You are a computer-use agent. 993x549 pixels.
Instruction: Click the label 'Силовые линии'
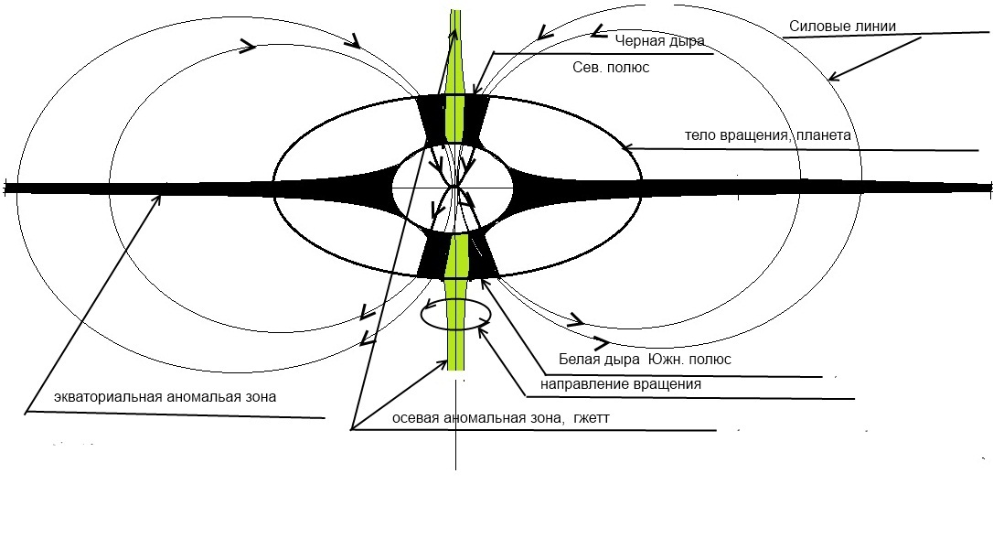point(842,26)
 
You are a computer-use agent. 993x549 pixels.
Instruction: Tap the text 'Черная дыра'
point(660,41)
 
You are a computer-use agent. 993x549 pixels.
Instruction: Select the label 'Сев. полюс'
point(611,67)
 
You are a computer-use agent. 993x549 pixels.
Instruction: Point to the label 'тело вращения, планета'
point(767,135)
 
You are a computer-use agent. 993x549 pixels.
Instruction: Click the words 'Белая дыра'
point(599,360)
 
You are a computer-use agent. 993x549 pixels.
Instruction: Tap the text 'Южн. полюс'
point(689,360)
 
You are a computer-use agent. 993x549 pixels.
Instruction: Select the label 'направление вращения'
point(621,384)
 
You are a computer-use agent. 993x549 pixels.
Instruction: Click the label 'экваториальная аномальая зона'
point(165,397)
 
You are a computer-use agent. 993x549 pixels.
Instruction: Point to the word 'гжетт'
point(591,418)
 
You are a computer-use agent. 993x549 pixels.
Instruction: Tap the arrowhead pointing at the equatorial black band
point(155,200)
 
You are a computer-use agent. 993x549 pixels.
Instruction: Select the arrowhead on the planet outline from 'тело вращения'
point(628,147)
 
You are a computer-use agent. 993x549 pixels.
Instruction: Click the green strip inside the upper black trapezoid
point(454,119)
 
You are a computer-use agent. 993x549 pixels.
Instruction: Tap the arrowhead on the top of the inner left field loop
point(249,45)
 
